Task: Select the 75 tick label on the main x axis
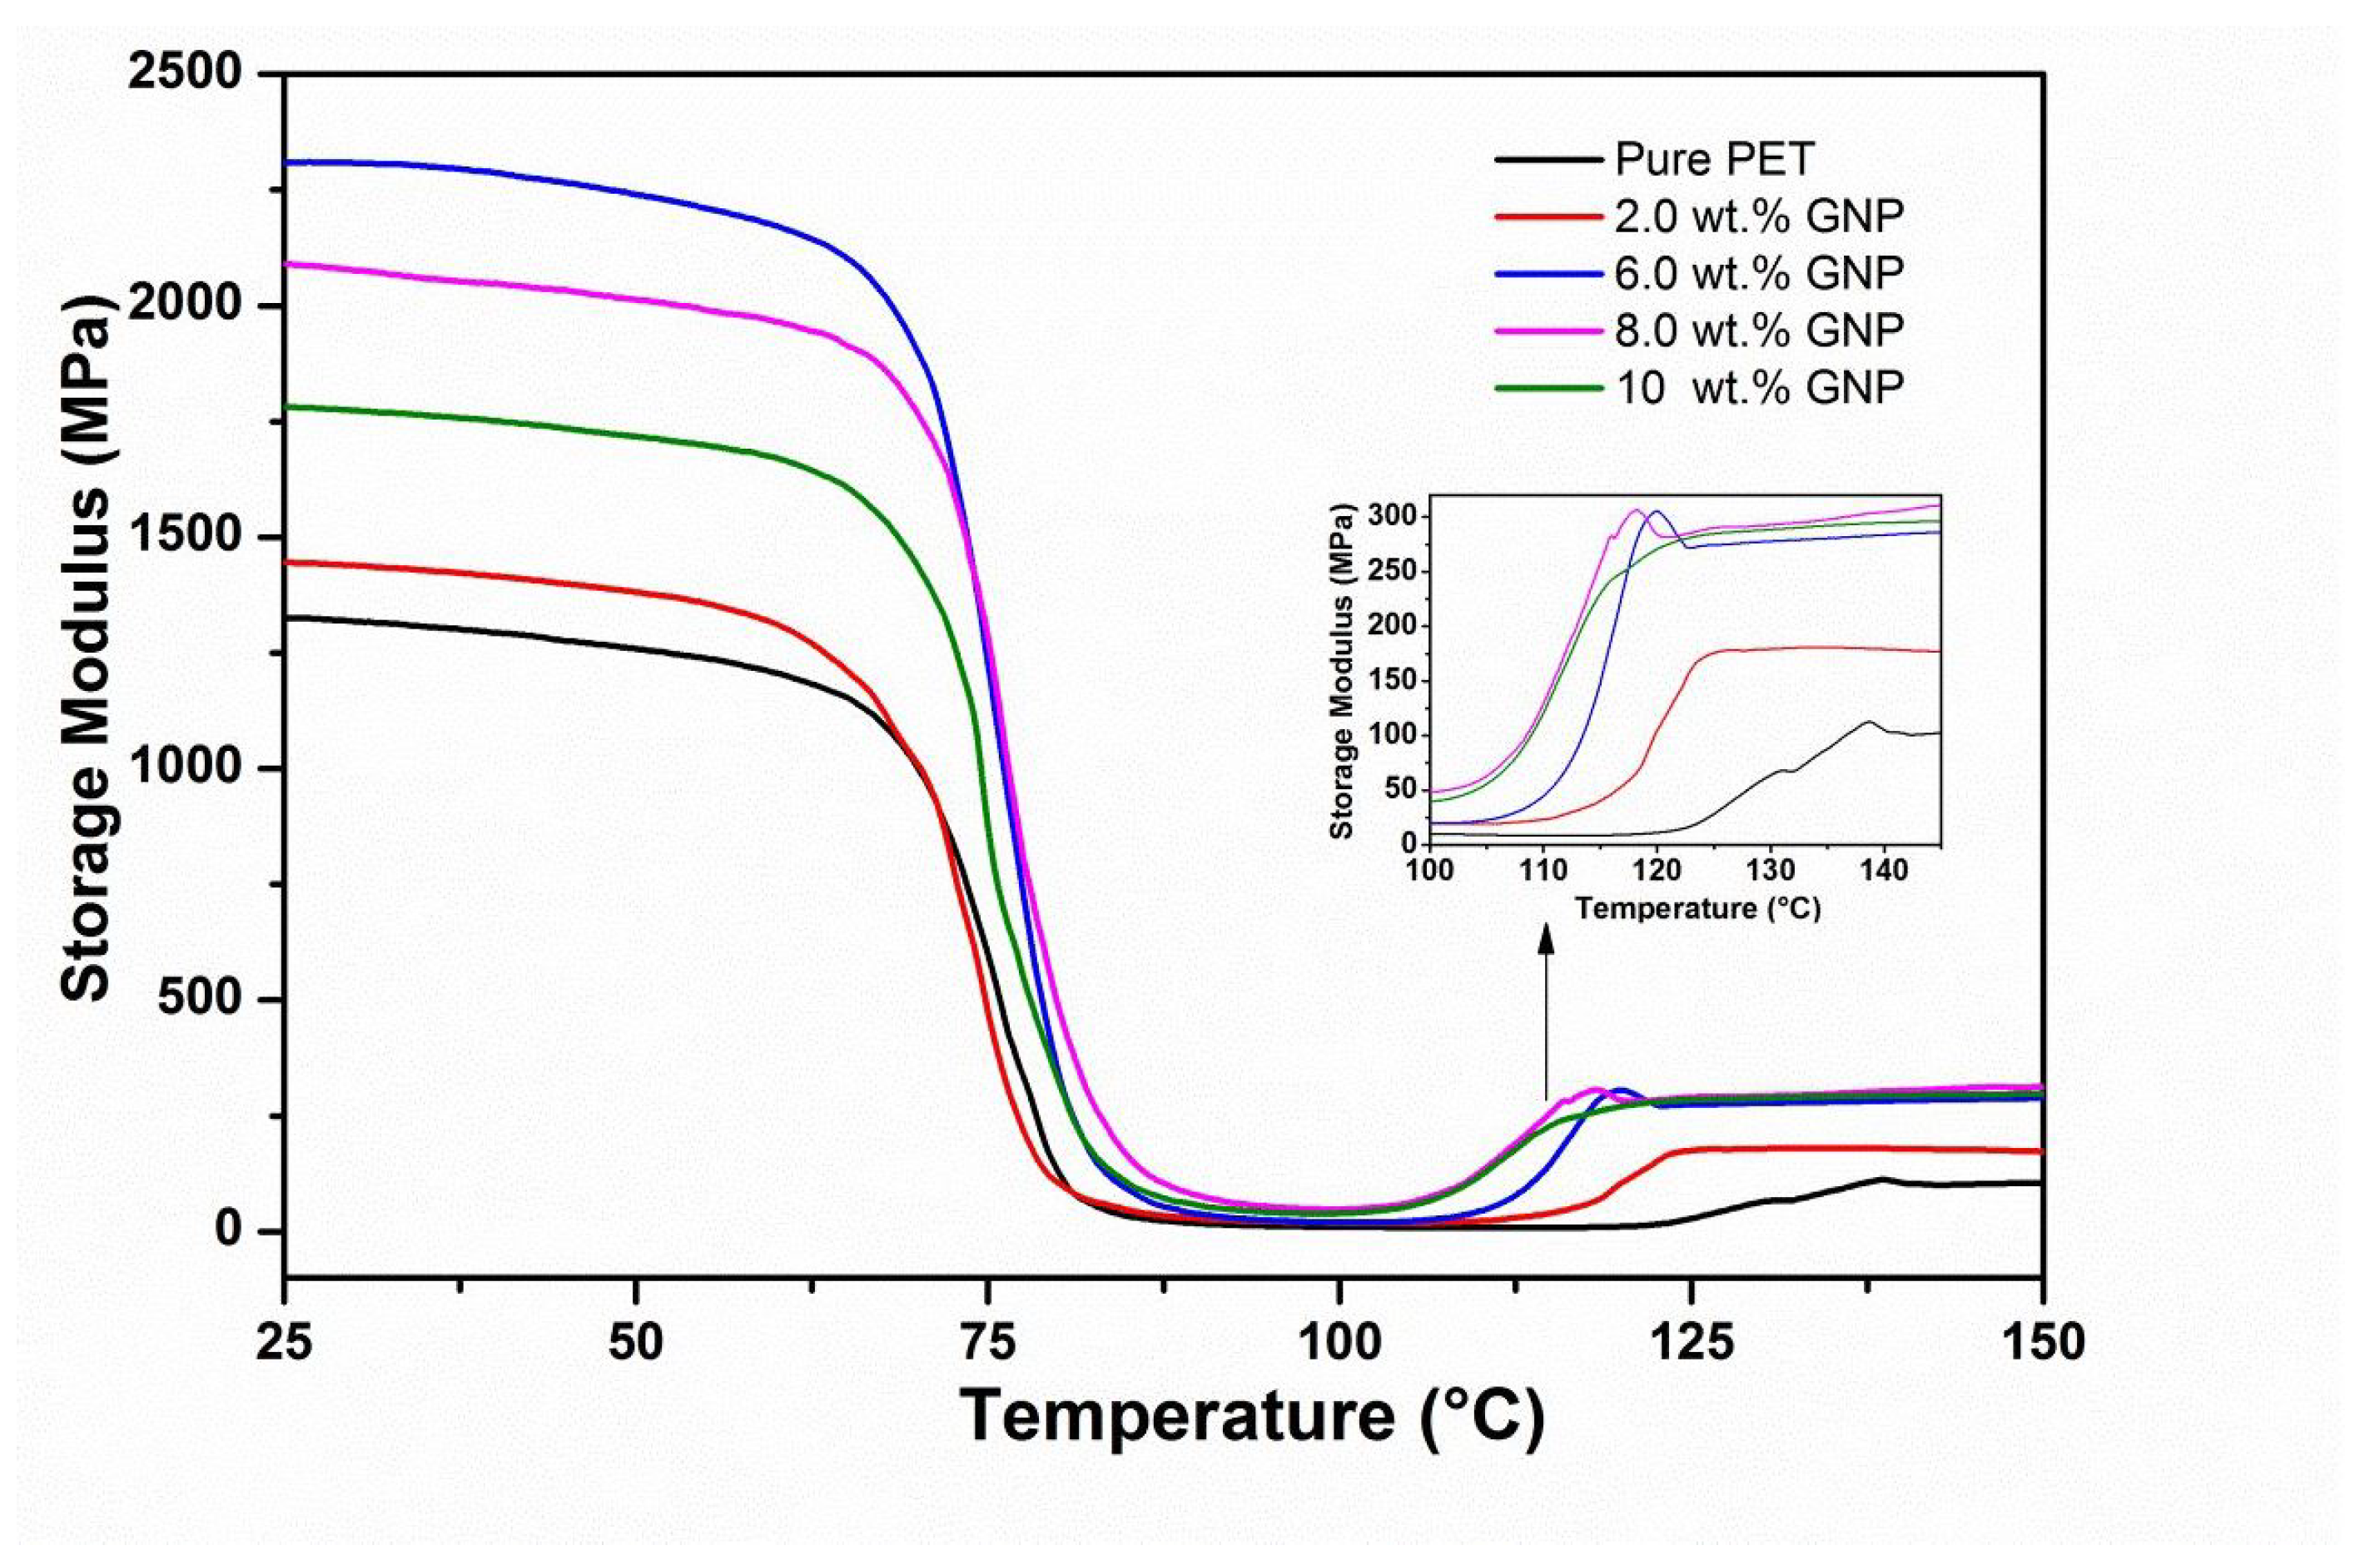[x=987, y=1343]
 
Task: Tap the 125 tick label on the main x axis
[x=1691, y=1343]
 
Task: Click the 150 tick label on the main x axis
[x=2042, y=1343]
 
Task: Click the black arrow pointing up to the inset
[x=1547, y=1008]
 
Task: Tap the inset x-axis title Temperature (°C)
[x=1697, y=909]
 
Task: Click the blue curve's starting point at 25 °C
[x=286, y=161]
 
